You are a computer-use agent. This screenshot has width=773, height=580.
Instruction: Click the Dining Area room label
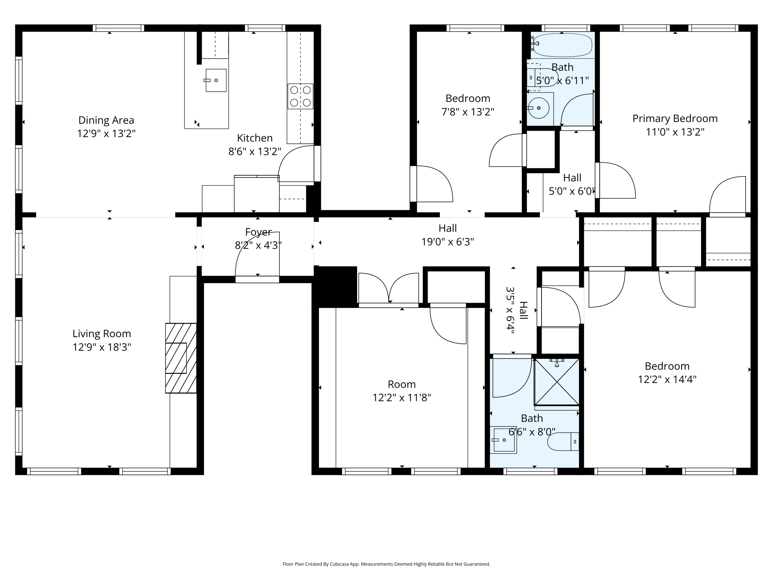106,120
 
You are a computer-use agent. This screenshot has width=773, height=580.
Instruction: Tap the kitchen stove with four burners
300,96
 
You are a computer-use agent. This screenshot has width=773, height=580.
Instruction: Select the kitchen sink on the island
216,80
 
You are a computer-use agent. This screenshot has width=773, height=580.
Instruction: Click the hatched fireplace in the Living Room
181,358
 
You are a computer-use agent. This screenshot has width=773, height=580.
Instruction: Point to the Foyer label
258,232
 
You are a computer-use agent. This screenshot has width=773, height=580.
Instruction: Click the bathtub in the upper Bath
562,45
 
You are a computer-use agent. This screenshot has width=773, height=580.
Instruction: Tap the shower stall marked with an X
557,382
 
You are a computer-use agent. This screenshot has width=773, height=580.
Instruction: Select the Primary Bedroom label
675,119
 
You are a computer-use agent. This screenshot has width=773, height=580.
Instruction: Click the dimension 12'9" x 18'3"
102,347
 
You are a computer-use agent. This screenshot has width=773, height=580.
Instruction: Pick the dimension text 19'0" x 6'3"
448,242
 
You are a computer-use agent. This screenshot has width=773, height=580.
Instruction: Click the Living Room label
102,334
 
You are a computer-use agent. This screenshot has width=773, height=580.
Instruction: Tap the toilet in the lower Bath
563,441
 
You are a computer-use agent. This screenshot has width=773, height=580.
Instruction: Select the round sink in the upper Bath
539,108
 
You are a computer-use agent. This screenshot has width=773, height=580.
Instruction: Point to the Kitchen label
255,138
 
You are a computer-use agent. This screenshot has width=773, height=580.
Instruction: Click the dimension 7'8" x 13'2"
468,112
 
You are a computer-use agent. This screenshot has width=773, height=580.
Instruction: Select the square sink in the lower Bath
503,440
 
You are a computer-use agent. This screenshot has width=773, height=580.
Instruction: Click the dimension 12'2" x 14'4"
667,379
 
